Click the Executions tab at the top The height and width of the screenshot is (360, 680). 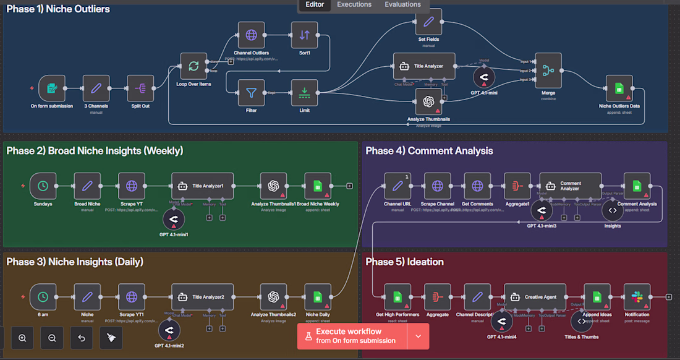354,5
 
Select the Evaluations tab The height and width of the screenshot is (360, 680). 402,5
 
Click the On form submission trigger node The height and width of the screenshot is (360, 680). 52,89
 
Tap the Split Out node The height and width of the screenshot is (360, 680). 140,89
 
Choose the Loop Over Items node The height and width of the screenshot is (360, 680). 193,66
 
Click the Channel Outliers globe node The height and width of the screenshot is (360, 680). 251,35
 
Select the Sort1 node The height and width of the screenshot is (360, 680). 304,35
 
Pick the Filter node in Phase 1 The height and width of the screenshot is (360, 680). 251,93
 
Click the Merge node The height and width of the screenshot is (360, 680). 548,71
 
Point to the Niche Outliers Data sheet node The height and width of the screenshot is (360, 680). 619,89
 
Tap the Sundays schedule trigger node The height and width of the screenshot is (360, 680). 43,186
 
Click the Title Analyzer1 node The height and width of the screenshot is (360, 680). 203,186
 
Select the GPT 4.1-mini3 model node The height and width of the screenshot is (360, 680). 542,211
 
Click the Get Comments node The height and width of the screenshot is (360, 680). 477,186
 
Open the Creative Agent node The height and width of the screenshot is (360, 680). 535,297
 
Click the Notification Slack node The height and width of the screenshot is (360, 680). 637,297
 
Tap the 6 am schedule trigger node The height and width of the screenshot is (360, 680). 43,297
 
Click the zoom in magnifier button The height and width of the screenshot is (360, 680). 22,338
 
